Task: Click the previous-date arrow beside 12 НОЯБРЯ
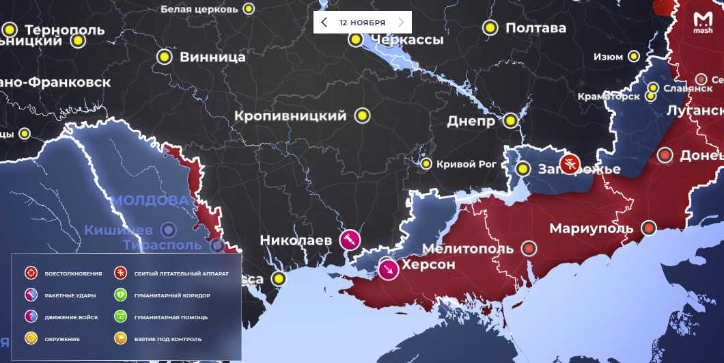pyautogui.click(x=324, y=23)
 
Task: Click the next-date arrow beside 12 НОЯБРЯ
pyautogui.click(x=401, y=23)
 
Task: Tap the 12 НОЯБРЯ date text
pyautogui.click(x=362, y=23)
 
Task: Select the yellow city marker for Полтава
pyautogui.click(x=490, y=28)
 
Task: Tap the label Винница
pyautogui.click(x=212, y=57)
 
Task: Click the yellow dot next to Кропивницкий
pyautogui.click(x=363, y=116)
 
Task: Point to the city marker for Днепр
pyautogui.click(x=510, y=122)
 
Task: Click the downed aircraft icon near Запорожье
pyautogui.click(x=569, y=164)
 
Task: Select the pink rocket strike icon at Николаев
pyautogui.click(x=350, y=239)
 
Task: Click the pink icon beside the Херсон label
pyautogui.click(x=389, y=269)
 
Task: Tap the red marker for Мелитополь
pyautogui.click(x=529, y=249)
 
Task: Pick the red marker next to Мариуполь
pyautogui.click(x=648, y=228)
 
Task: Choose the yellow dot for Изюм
pyautogui.click(x=635, y=57)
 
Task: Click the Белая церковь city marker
pyautogui.click(x=249, y=9)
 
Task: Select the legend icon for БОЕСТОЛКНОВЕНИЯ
pyautogui.click(x=31, y=273)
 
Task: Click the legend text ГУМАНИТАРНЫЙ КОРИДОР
pyautogui.click(x=172, y=295)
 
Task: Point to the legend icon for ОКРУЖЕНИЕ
pyautogui.click(x=31, y=338)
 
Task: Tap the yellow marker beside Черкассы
pyautogui.click(x=355, y=40)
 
